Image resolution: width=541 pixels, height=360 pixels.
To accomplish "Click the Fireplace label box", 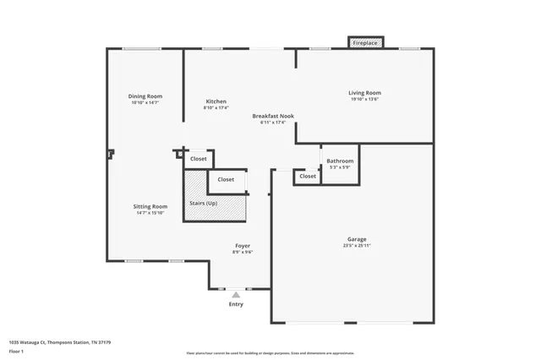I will pyautogui.click(x=365, y=41).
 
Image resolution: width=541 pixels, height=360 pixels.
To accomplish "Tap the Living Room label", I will pyautogui.click(x=365, y=92).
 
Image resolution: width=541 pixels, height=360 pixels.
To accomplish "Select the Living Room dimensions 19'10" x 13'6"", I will pyautogui.click(x=365, y=99).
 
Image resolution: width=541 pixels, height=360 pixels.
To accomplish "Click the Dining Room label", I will pyautogui.click(x=145, y=96).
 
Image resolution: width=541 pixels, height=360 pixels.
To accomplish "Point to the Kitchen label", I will pyautogui.click(x=216, y=101).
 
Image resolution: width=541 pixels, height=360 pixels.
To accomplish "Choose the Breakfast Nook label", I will pyautogui.click(x=273, y=116).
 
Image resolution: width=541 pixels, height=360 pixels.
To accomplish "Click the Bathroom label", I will pyautogui.click(x=340, y=161).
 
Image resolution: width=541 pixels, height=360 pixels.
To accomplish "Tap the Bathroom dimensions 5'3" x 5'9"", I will pyautogui.click(x=340, y=167).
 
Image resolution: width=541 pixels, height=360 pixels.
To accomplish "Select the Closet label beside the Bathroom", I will pyautogui.click(x=308, y=176).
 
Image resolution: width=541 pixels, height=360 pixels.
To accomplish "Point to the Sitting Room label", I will pyautogui.click(x=150, y=206).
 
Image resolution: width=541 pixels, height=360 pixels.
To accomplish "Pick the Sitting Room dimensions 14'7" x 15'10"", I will pyautogui.click(x=150, y=213).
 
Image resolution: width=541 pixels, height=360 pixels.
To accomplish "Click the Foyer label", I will pyautogui.click(x=243, y=245).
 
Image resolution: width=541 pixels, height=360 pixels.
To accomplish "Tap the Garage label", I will pyautogui.click(x=357, y=238).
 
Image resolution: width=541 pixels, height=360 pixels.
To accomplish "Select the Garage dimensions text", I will pyautogui.click(x=357, y=245).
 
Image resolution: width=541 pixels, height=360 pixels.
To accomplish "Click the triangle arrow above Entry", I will pyautogui.click(x=236, y=295).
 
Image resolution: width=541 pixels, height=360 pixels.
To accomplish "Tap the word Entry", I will pyautogui.click(x=236, y=304).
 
